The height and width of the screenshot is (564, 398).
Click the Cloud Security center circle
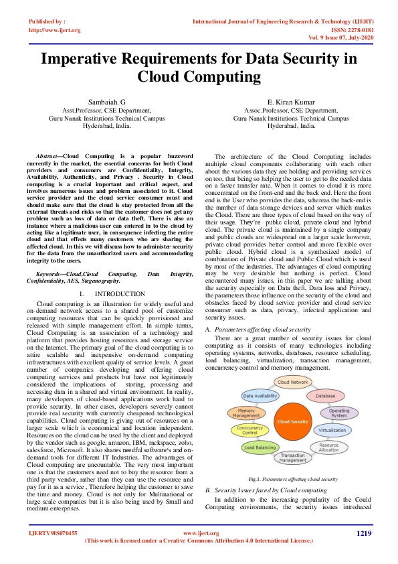pos(292,422)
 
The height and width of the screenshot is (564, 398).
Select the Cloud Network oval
pos(293,382)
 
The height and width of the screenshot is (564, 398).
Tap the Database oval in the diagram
pos(325,396)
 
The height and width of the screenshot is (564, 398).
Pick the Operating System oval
pos(338,413)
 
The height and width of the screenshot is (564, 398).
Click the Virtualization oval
pos(332,430)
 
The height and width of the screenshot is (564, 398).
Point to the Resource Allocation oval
pos(328,446)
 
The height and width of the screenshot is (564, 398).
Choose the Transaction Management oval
pos(292,458)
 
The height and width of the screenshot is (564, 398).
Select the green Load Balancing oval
pos(260,447)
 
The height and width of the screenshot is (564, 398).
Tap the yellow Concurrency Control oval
pos(250,430)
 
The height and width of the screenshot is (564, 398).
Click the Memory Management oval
pos(246,413)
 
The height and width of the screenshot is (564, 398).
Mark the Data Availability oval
pos(260,396)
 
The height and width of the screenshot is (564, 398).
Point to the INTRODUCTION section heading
pos(116,312)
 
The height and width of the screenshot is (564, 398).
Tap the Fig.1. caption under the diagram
pos(292,480)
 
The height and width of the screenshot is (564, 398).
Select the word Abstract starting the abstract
pos(47,155)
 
